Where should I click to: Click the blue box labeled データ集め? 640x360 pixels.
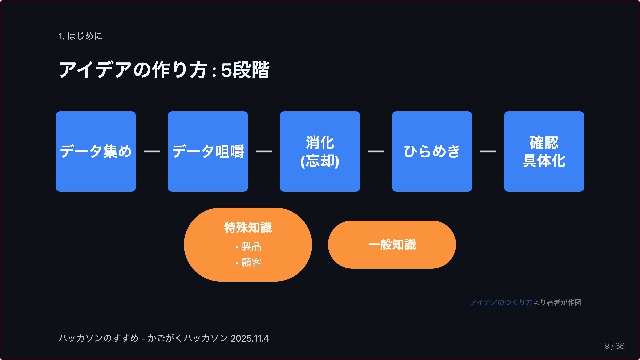click(x=96, y=151)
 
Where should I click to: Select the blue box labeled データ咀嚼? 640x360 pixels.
click(x=208, y=151)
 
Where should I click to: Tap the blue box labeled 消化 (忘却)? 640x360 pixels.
click(x=320, y=151)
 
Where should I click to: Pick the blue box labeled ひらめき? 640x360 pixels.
click(x=432, y=151)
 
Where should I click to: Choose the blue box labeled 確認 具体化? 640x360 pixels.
click(x=544, y=151)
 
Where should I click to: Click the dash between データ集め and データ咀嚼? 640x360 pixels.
click(x=152, y=151)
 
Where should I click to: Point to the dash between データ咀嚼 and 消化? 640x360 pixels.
click(x=264, y=151)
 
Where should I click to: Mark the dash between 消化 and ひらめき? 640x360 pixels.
click(x=376, y=151)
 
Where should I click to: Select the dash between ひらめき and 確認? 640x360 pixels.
click(x=488, y=151)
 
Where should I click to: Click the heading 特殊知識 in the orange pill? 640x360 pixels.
click(x=248, y=228)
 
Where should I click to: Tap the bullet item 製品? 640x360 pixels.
click(x=251, y=247)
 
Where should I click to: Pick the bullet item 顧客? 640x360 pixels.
click(x=251, y=263)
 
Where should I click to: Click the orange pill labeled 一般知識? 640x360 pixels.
click(x=392, y=245)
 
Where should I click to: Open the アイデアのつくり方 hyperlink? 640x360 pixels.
click(x=501, y=302)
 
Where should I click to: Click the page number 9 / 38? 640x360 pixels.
click(x=614, y=346)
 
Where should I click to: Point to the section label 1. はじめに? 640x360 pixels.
click(x=80, y=36)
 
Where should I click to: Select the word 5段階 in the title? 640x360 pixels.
click(x=245, y=70)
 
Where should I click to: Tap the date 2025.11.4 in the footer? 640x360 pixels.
click(x=249, y=338)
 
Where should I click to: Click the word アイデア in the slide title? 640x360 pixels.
click(x=95, y=70)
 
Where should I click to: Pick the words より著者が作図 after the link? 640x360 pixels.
click(x=557, y=302)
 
